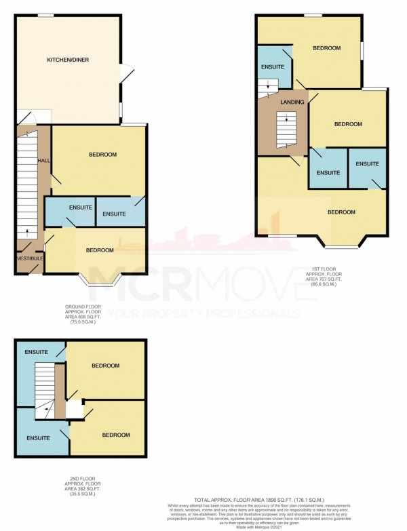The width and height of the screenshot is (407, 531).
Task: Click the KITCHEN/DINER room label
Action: click(x=67, y=60)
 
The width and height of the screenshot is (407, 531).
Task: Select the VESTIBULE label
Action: click(x=28, y=258)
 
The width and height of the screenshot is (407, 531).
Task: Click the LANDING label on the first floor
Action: click(x=292, y=102)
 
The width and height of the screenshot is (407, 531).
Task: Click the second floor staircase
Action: click(x=44, y=385)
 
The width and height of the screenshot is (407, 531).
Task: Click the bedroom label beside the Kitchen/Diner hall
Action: click(x=102, y=155)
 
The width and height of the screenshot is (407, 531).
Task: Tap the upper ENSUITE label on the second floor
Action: click(x=36, y=352)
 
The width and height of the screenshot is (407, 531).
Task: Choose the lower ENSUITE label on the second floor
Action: click(x=38, y=438)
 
